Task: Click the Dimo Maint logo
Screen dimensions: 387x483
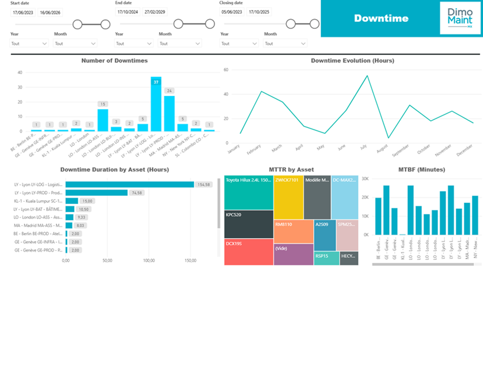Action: tap(460, 17)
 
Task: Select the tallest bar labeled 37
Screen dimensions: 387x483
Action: tap(156, 105)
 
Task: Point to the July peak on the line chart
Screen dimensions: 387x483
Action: tap(367, 76)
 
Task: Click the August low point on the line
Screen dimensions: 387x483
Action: tap(388, 138)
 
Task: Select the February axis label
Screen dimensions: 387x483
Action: tap(254, 149)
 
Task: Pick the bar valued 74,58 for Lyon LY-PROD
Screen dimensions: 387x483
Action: tap(96, 193)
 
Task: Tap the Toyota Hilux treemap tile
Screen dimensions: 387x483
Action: tap(249, 193)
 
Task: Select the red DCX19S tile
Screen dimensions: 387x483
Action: tap(249, 252)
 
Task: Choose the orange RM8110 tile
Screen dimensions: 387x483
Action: tap(293, 232)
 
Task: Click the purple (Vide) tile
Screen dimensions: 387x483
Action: tap(293, 254)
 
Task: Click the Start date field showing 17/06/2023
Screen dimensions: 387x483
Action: tap(23, 13)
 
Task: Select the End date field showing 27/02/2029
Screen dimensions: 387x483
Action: tap(155, 12)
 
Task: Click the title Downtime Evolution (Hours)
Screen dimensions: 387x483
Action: tap(352, 61)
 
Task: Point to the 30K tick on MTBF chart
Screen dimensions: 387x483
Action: tap(365, 179)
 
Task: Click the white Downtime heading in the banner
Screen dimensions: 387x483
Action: tap(381, 18)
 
